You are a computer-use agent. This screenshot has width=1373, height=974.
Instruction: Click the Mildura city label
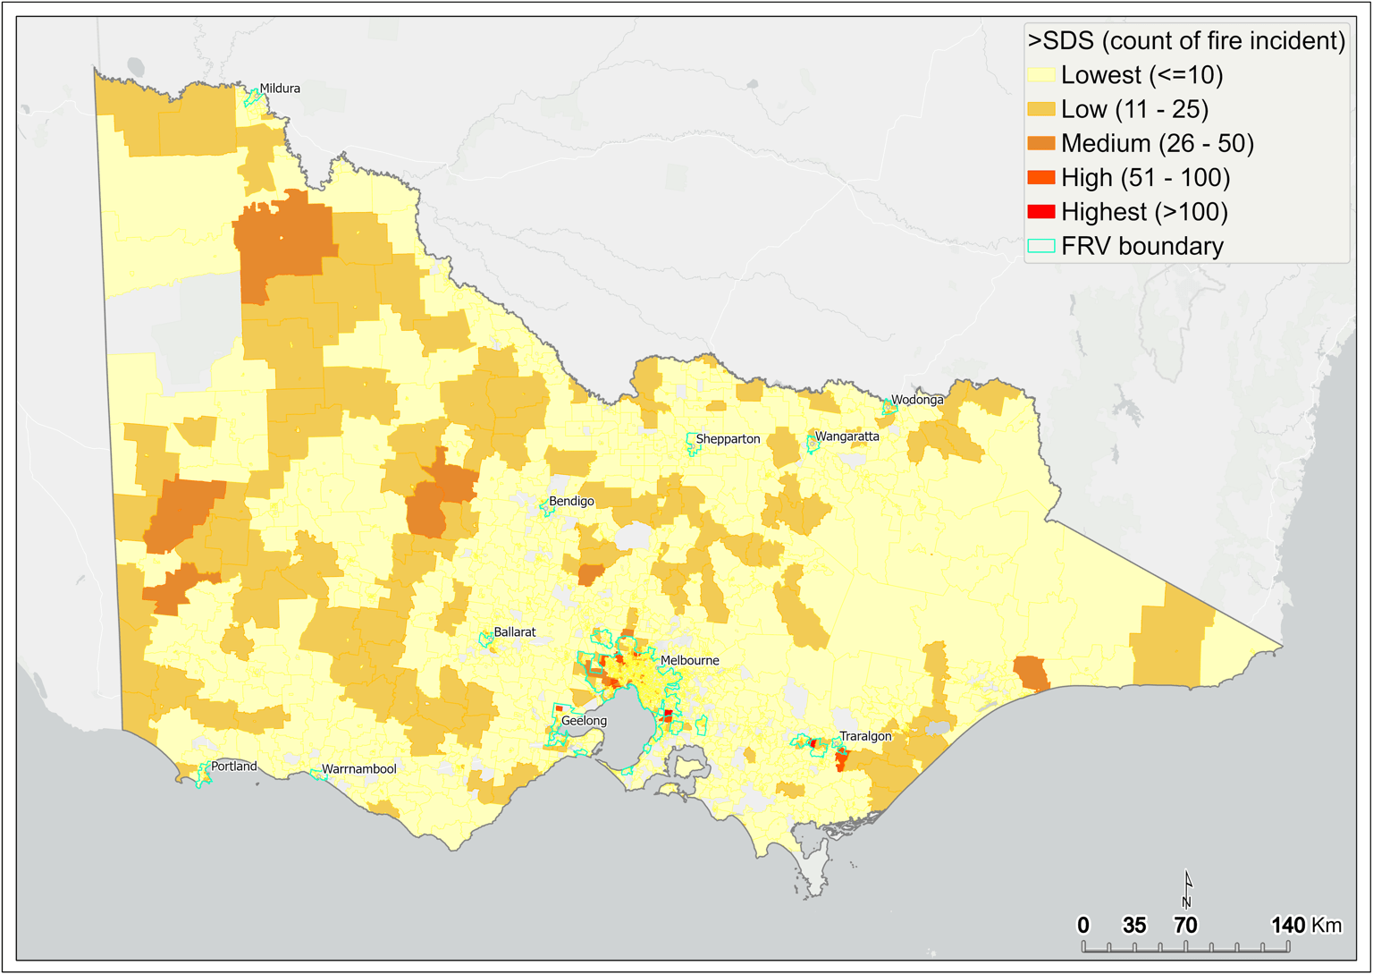point(280,89)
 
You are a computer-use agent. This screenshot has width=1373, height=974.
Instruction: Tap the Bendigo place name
point(571,502)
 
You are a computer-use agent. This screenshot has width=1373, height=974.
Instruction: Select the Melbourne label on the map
point(689,661)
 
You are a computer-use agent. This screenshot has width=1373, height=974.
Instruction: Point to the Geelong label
point(584,721)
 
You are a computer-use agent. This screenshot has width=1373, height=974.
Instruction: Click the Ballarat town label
point(515,632)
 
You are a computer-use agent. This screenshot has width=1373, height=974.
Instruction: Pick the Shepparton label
point(728,439)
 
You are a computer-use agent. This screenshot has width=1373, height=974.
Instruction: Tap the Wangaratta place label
point(847,436)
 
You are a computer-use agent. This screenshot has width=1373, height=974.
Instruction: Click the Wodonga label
point(917,400)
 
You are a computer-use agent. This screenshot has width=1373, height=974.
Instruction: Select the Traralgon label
point(864,737)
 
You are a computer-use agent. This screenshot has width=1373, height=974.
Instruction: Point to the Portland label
point(233,766)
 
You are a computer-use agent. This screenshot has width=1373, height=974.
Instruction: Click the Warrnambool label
point(358,769)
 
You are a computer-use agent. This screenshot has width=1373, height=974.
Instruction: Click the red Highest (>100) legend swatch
point(1041,212)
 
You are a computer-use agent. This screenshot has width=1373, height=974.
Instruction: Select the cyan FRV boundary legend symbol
point(1041,246)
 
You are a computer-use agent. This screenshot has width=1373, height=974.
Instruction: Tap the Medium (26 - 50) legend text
point(1157,144)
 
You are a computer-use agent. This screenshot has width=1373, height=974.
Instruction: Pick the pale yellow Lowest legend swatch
point(1041,75)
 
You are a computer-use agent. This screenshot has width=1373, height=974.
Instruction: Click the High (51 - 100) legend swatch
point(1041,178)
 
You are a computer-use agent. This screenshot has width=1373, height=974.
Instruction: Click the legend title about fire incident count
point(1186,41)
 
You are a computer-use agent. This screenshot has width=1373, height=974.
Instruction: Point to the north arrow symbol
point(1188,889)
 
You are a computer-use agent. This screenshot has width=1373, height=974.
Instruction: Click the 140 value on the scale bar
point(1288,925)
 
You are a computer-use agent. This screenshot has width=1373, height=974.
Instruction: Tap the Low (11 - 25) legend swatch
point(1041,109)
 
